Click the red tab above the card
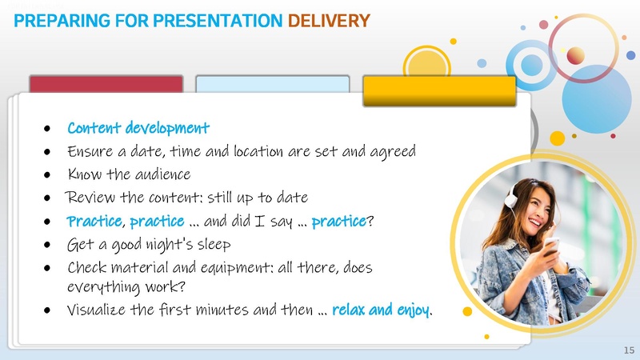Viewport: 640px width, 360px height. [106, 85]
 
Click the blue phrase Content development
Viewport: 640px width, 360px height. [138, 128]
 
